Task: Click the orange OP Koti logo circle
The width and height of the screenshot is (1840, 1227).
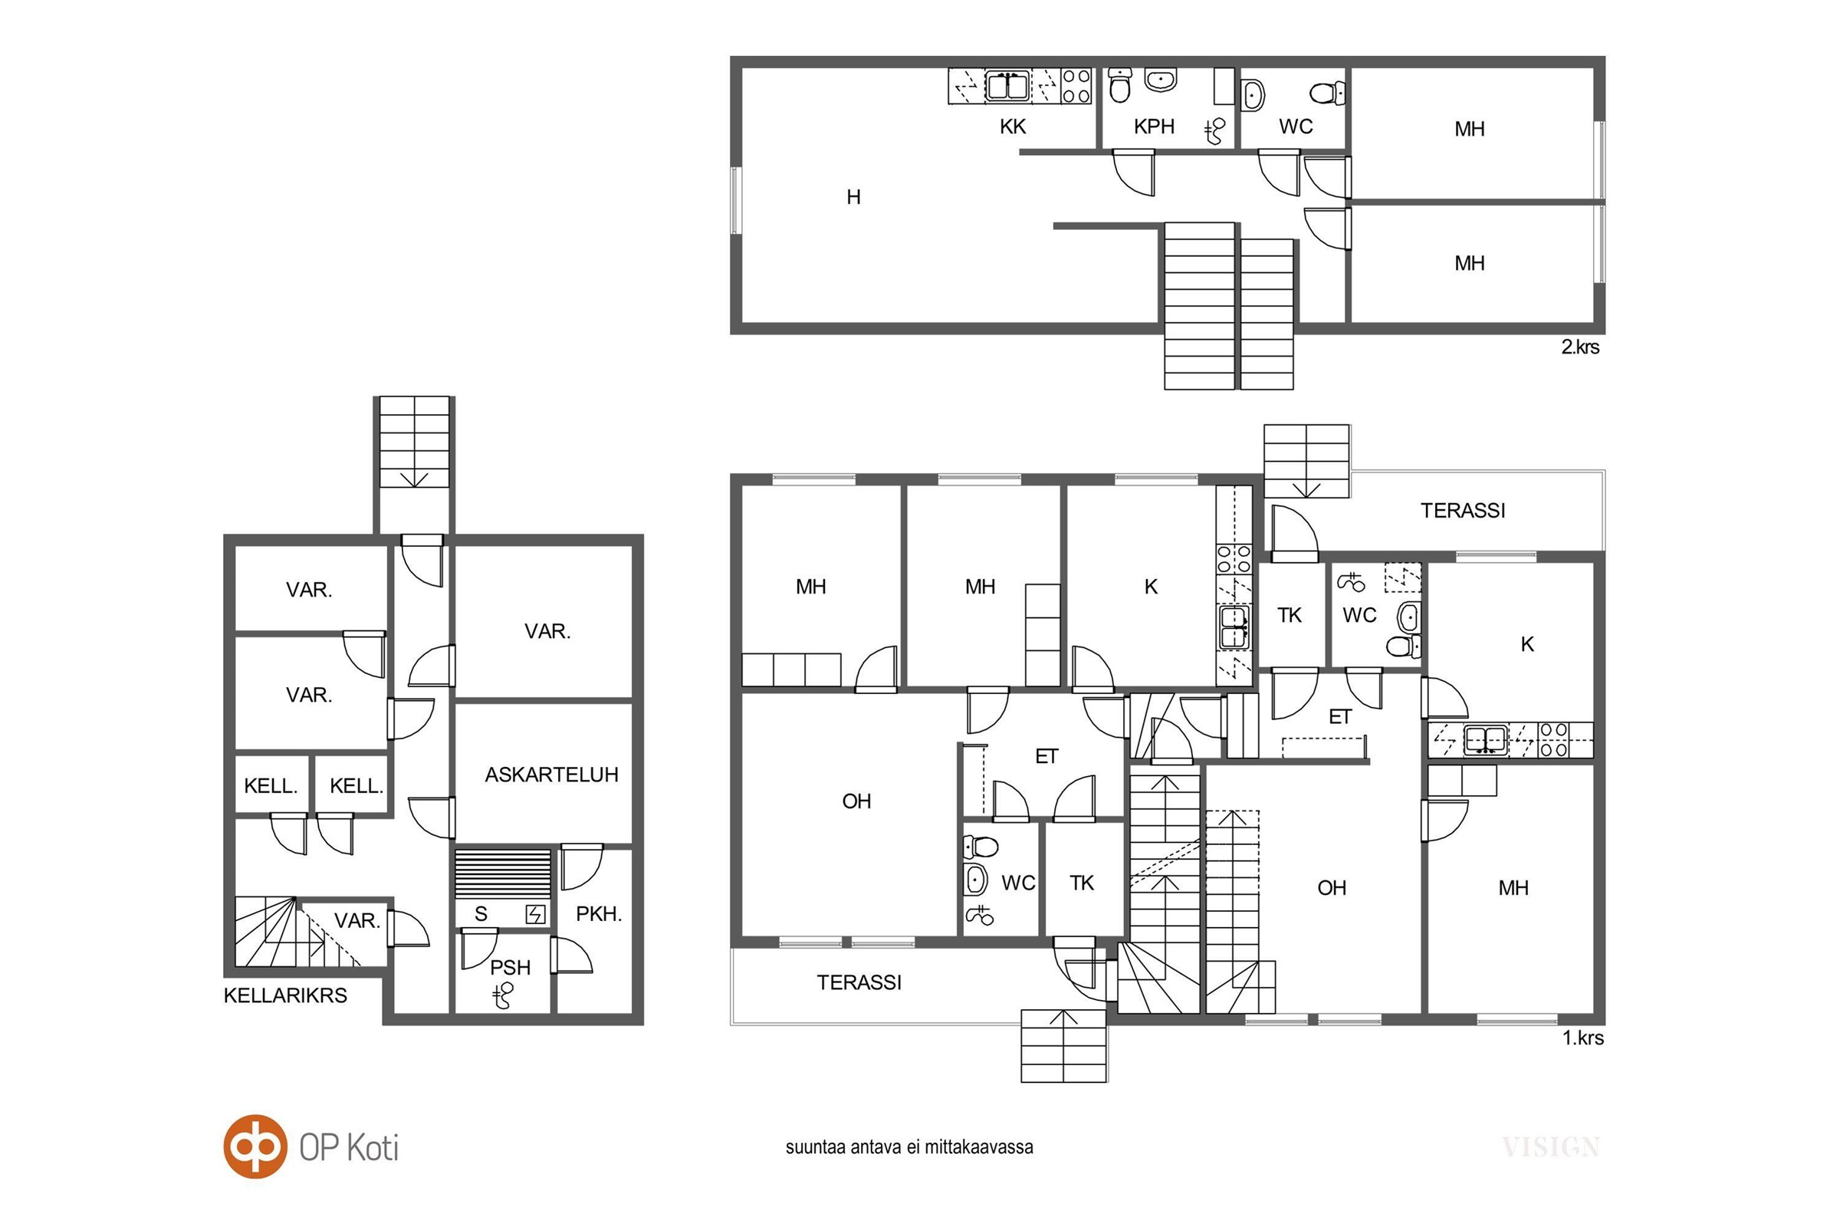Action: [255, 1146]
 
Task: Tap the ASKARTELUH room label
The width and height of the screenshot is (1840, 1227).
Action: [551, 775]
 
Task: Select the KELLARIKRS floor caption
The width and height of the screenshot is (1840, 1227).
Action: [285, 995]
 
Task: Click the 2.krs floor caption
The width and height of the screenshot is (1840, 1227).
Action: [1580, 347]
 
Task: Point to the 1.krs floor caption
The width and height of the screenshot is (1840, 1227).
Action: [1582, 1038]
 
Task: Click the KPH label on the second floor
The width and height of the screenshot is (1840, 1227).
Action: [1154, 127]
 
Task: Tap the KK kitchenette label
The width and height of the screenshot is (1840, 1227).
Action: [1012, 127]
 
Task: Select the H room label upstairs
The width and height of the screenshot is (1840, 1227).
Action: [853, 197]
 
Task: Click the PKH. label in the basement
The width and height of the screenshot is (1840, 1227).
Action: [599, 913]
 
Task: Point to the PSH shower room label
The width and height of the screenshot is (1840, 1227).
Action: [510, 967]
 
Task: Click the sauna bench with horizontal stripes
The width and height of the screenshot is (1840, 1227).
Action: [503, 875]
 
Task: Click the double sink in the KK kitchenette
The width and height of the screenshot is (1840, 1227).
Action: [1007, 86]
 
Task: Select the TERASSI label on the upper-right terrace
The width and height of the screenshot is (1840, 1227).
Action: [1463, 511]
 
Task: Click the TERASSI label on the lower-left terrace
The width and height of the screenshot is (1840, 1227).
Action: [859, 983]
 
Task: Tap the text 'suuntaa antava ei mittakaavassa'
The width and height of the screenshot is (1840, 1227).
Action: [909, 1147]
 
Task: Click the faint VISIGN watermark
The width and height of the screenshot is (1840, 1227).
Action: [1550, 1147]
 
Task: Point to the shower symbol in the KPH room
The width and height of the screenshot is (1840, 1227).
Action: [1214, 131]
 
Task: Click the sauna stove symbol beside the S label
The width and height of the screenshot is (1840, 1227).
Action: [535, 914]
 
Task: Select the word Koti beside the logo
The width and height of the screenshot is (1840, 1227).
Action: [373, 1148]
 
